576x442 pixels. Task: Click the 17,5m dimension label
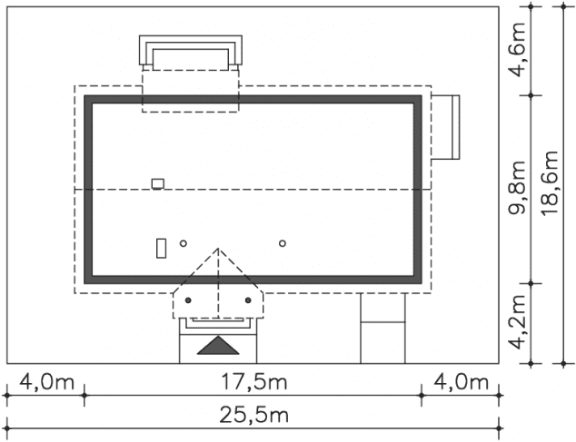(253, 382)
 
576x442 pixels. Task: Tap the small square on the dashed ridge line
(158, 183)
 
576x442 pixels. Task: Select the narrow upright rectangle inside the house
(162, 247)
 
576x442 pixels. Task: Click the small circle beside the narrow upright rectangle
(183, 243)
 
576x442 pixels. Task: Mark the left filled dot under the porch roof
(188, 300)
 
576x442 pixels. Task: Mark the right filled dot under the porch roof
(247, 300)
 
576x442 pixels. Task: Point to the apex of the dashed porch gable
(218, 249)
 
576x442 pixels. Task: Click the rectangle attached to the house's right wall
(445, 126)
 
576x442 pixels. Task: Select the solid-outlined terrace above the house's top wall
(191, 52)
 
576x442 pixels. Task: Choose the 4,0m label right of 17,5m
(460, 382)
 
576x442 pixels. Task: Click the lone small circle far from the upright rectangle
(283, 243)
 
